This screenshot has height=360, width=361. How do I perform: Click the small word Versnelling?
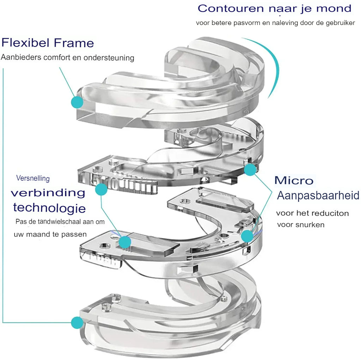point(33,178)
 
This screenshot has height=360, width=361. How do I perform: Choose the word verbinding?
point(48,193)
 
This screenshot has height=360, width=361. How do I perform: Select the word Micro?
point(294,180)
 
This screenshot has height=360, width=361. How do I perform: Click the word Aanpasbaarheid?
point(318,195)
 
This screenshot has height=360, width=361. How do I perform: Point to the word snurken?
point(311,225)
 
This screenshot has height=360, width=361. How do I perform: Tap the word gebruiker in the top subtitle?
point(340,23)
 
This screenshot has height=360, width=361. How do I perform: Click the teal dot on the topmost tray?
point(77,102)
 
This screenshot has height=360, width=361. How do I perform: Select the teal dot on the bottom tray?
point(77,322)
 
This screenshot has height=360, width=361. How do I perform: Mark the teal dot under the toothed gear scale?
point(102,190)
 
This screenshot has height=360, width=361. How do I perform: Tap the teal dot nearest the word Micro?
point(250,169)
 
